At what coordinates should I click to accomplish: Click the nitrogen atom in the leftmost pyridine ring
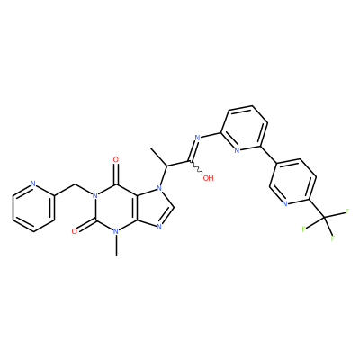pos(33,184)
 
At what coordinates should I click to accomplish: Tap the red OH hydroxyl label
pos(208,178)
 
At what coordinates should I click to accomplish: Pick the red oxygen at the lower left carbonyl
pos(75,231)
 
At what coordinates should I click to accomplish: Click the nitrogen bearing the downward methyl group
pos(116,232)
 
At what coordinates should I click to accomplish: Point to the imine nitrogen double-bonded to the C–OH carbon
pos(197,138)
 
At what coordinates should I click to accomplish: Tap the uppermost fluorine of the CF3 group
pos(347,211)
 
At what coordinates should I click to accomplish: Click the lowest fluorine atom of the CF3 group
pos(333,238)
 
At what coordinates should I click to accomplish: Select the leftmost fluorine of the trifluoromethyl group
pos(304,229)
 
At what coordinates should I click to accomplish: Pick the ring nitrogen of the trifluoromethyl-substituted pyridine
pos(284,204)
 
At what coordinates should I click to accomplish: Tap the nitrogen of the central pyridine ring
pos(237,150)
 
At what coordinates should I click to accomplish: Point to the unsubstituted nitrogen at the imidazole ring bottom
pos(159,227)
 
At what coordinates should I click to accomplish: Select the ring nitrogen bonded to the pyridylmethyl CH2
pos(95,196)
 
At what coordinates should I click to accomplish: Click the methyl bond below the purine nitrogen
pos(116,246)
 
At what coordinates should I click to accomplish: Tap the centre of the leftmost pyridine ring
pos(33,208)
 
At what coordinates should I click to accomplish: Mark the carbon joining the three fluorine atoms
pos(323,217)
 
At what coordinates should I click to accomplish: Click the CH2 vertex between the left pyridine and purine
pos(75,184)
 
